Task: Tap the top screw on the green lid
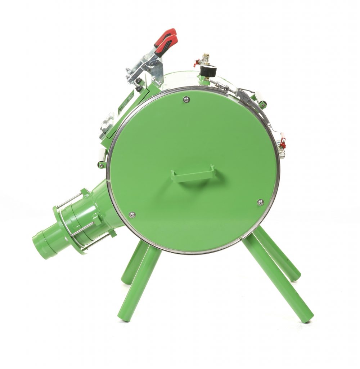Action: (186, 99)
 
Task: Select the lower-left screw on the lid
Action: (132, 214)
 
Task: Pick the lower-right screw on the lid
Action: (260, 203)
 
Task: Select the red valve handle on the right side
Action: (283, 143)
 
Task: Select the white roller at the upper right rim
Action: (258, 96)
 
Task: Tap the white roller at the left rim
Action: (102, 155)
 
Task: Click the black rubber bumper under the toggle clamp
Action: (139, 87)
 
